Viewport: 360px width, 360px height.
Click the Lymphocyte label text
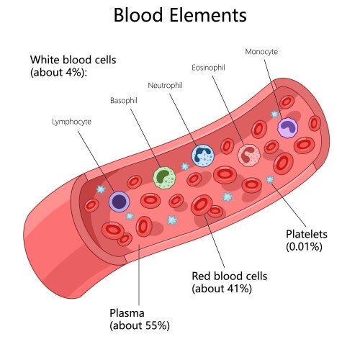(73, 123)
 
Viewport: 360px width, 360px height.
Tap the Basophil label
(125, 100)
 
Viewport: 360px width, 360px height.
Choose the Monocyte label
(261, 52)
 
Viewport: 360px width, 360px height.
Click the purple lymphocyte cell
(119, 202)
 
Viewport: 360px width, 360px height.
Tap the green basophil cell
(164, 177)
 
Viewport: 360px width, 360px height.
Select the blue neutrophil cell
(203, 154)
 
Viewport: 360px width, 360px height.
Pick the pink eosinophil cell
(248, 154)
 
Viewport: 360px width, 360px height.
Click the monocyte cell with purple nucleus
(287, 127)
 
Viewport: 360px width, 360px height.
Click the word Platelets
(307, 234)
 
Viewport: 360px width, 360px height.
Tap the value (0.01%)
(304, 246)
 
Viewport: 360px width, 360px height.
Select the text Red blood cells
(230, 276)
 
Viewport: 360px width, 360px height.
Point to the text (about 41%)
(221, 289)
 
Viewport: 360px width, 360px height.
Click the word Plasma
(126, 313)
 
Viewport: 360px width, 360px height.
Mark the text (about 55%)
(140, 325)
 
